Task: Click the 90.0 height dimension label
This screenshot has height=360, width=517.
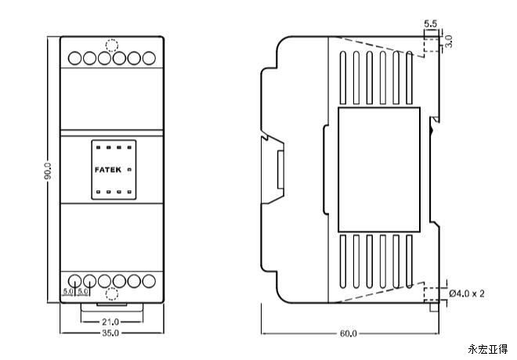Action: [48, 171]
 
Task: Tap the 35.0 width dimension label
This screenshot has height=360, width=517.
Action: [110, 334]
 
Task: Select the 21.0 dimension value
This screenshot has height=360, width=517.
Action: [110, 321]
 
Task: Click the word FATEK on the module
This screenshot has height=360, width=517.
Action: [107, 168]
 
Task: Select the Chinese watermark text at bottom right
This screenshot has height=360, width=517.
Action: [487, 349]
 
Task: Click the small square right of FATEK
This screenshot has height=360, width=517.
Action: [128, 168]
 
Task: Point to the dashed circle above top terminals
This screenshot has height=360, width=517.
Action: [110, 40]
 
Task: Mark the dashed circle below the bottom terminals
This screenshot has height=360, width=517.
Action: [110, 296]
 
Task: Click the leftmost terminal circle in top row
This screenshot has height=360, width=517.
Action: [75, 57]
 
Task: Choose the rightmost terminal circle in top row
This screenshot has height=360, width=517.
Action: [147, 57]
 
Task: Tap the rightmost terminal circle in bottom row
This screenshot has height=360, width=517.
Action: [147, 280]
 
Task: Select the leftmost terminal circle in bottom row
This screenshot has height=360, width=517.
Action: [75, 280]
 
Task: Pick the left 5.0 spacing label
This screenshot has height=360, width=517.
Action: [68, 293]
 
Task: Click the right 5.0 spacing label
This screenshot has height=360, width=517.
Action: [83, 293]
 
